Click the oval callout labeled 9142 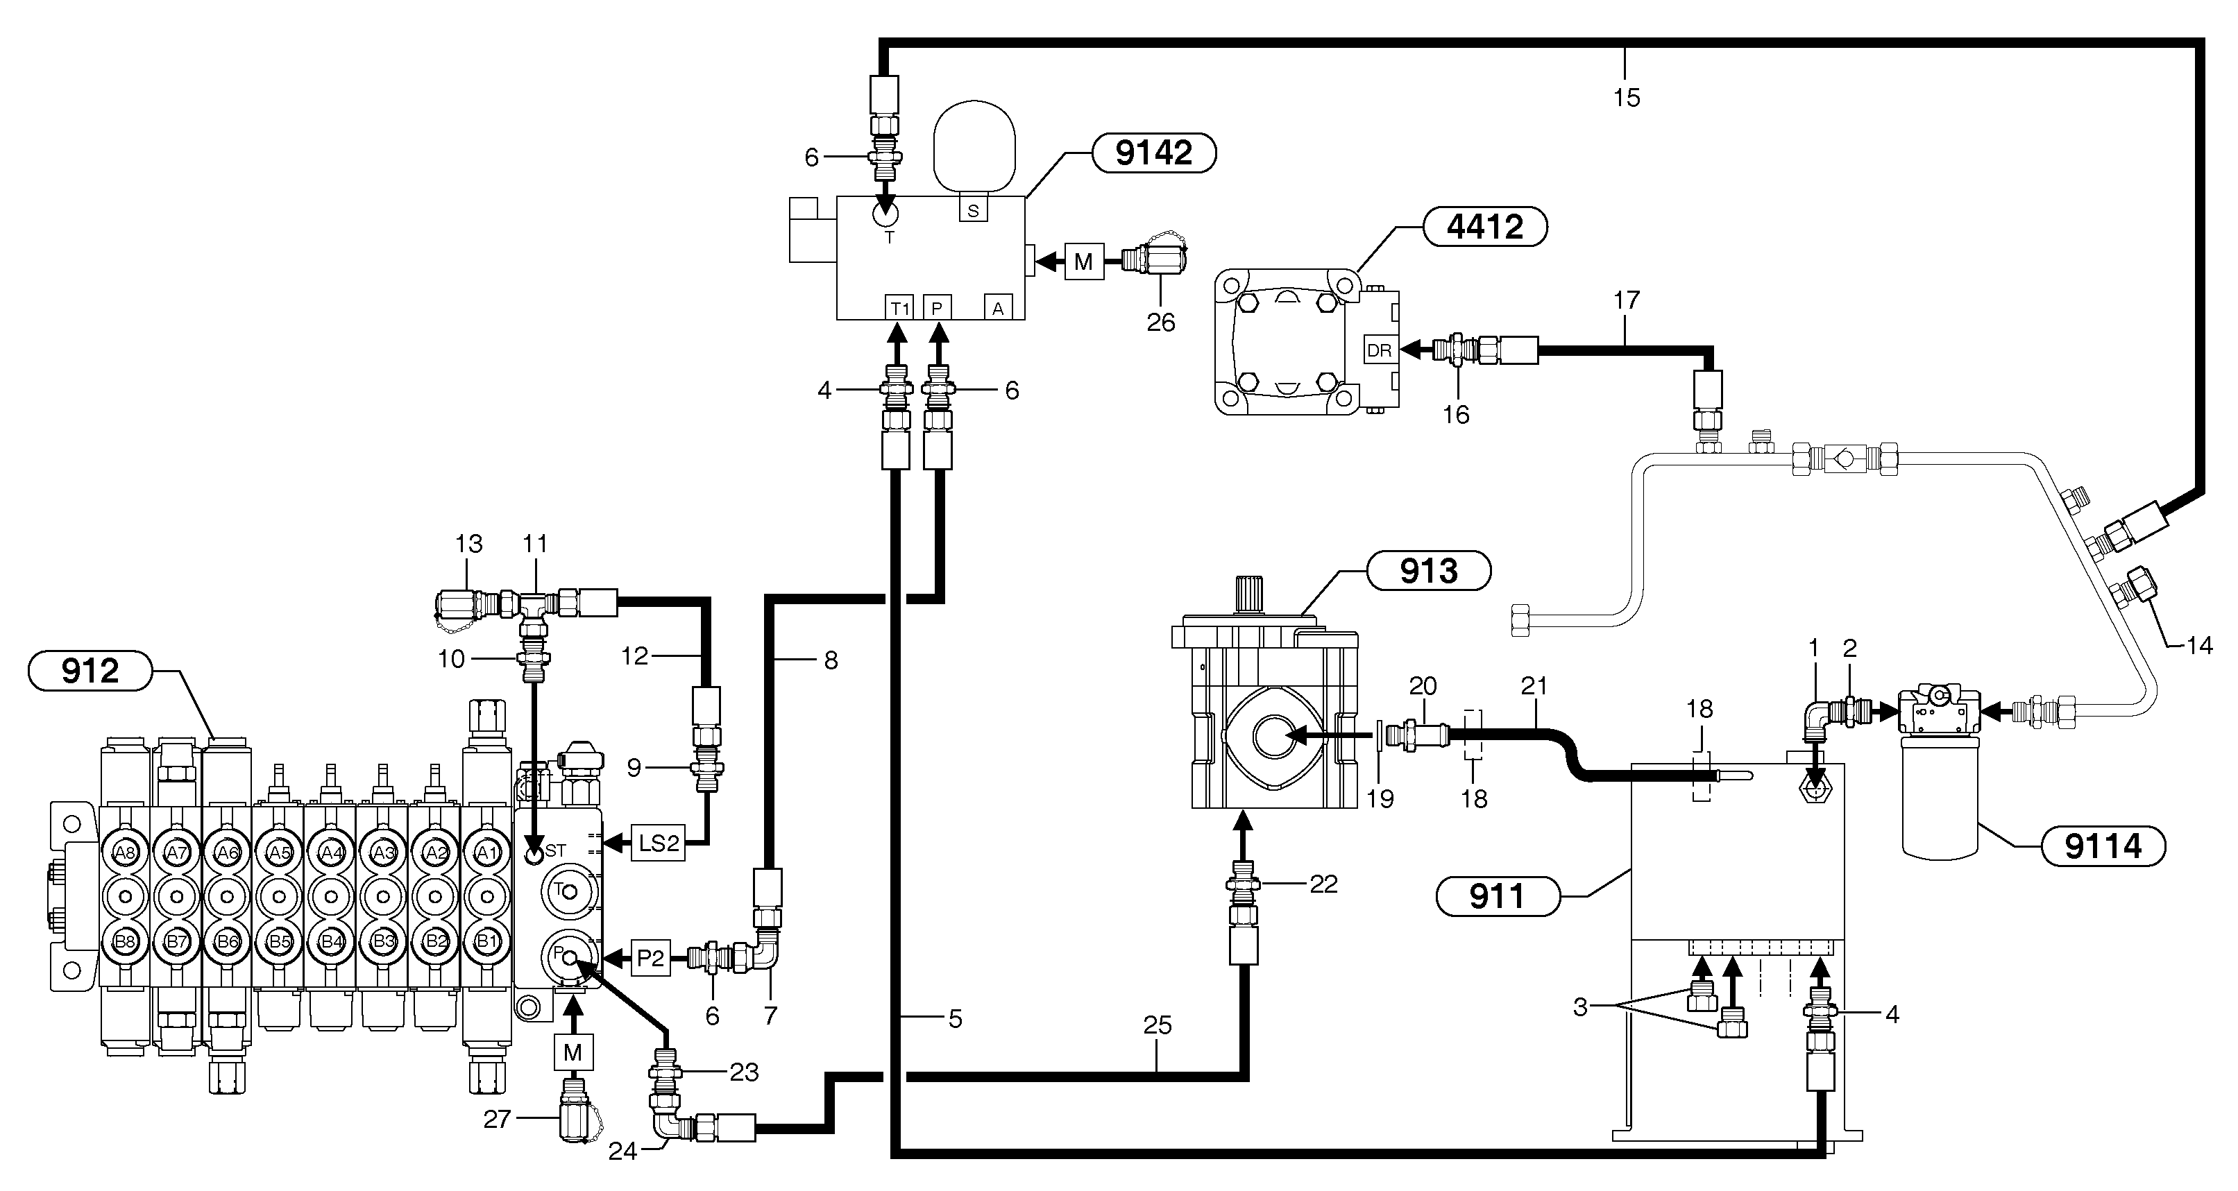click(1154, 153)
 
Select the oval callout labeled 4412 click(1486, 227)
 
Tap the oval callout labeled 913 click(1429, 572)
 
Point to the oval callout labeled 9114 click(2103, 846)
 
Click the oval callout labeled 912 click(90, 671)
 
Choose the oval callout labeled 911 click(1497, 896)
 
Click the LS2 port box click(658, 843)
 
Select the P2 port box click(650, 958)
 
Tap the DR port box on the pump click(1380, 350)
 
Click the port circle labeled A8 click(125, 853)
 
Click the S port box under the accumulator click(973, 210)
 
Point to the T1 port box click(900, 307)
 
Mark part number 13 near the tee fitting click(469, 544)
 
